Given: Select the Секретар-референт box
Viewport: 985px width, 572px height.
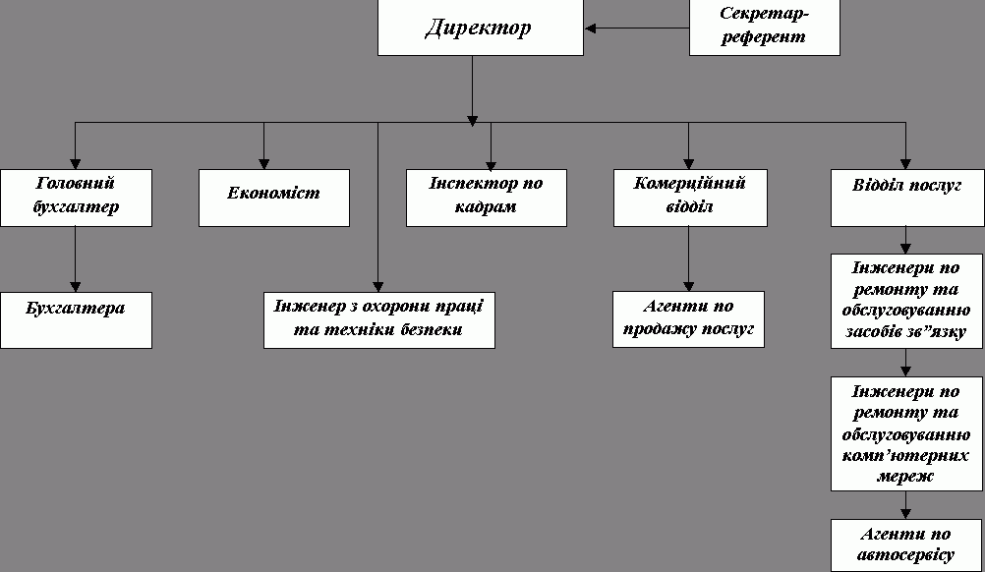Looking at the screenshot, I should pos(764,27).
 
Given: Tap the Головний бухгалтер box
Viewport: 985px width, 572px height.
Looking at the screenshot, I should pos(76,197).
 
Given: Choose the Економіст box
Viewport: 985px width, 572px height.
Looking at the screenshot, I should pos(274,198).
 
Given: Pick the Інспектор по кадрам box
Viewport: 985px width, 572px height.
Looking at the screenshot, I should pos(487,198).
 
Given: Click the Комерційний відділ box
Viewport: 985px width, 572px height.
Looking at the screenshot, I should pos(688,197).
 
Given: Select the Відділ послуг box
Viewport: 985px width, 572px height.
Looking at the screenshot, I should pos(906,197).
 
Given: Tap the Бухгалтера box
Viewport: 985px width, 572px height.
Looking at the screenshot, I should pos(76,319).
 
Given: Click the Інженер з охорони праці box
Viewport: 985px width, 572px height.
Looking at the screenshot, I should pos(378,319).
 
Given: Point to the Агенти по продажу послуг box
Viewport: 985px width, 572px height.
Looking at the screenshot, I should pos(688,318).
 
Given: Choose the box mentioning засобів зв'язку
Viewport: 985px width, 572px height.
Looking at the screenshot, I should pos(906,301).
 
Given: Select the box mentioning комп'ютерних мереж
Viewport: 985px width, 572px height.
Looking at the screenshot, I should pos(906,433).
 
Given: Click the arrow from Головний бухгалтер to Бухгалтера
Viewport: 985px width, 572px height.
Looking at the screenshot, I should pos(76,258).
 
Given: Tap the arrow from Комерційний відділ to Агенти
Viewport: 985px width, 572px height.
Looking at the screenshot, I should pos(688,257).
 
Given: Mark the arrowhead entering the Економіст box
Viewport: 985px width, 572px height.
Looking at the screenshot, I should pos(263,163).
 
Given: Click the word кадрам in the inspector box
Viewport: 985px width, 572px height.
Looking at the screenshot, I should pos(487,207).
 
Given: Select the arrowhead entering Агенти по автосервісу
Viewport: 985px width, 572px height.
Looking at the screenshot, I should pos(906,513).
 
